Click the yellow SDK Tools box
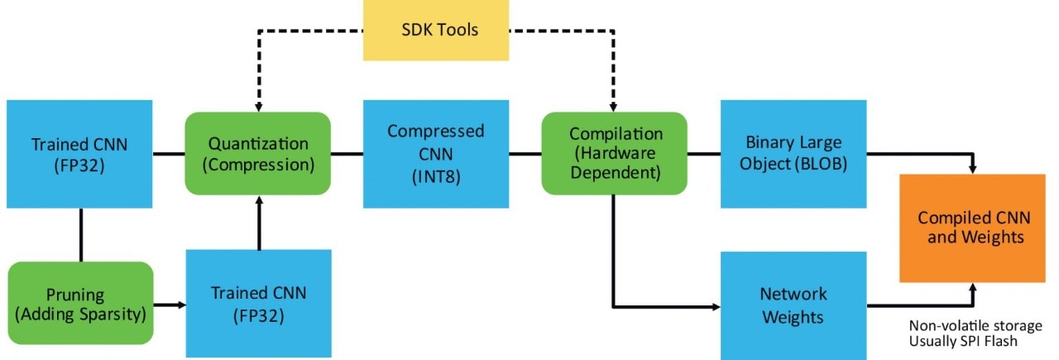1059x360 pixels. coord(436,31)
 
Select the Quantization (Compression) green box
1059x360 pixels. coord(258,153)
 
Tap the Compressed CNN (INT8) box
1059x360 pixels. coord(435,153)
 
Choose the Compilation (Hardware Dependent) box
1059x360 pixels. coord(614,153)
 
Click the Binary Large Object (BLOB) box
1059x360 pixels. coord(793,153)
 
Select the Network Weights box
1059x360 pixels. coord(793,305)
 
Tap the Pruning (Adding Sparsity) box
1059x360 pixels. coord(80,303)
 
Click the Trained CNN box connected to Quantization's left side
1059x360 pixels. coord(79,153)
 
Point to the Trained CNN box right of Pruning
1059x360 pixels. coord(258,303)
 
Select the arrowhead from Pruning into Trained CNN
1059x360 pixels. coord(180,305)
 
